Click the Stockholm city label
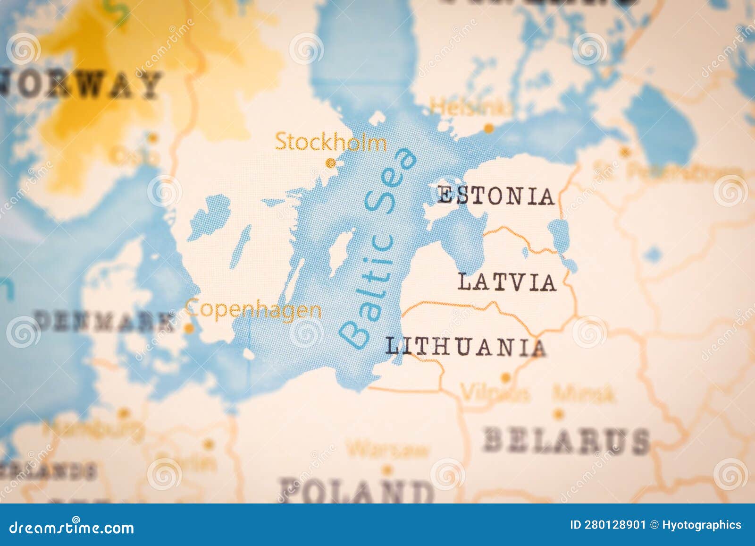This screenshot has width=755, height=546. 330,142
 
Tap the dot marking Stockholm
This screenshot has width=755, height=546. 331,163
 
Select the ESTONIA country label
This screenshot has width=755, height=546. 496,196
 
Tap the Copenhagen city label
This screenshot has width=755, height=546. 254,309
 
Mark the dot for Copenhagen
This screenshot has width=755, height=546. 189,328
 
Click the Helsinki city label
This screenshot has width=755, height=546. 470,107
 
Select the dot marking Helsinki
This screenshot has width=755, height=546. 489,128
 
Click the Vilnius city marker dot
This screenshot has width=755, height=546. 505,378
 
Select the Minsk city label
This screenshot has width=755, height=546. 584,393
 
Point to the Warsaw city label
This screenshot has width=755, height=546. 388,449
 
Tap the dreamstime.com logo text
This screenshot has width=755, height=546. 72,527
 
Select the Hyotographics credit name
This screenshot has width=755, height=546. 702,525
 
